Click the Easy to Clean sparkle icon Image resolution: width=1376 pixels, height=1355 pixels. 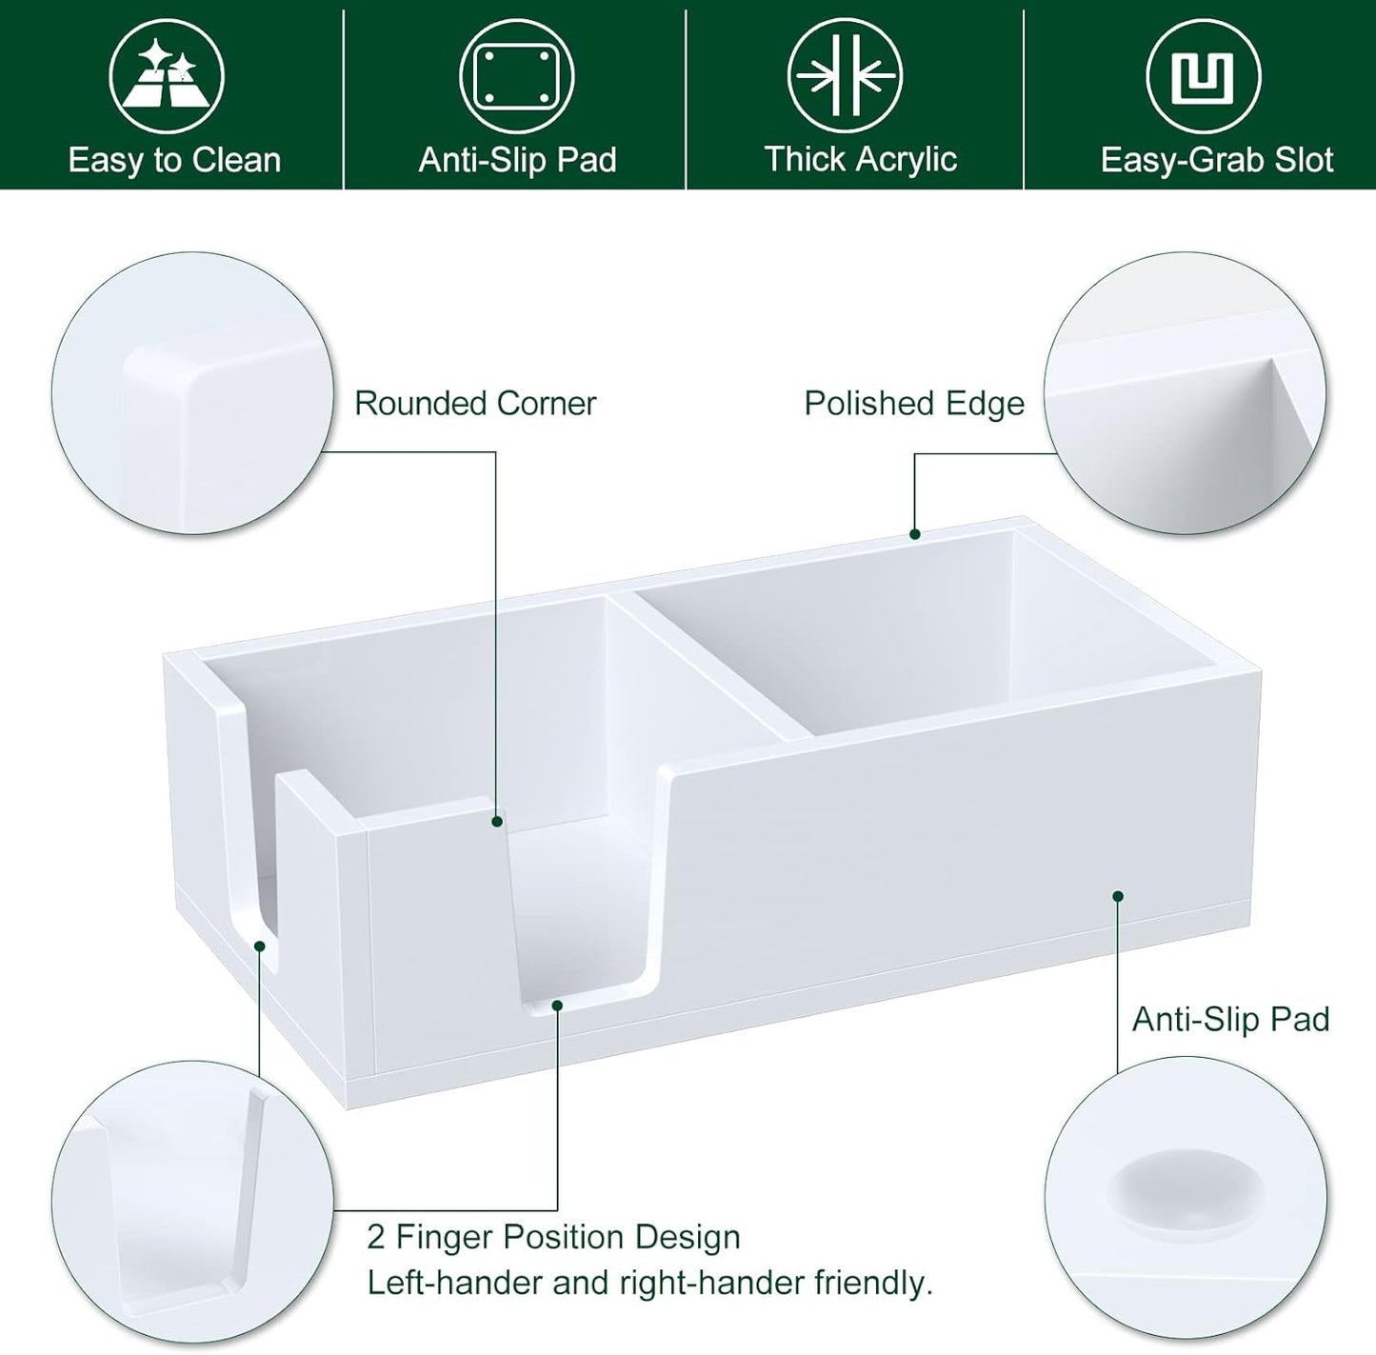coord(167,76)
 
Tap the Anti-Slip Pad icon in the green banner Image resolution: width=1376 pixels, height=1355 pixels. coord(517,76)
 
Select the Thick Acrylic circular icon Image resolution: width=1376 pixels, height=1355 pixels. coord(845,76)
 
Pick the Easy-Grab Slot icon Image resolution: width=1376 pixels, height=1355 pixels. coord(1203,76)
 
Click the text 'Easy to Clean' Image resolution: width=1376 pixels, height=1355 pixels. coord(174,160)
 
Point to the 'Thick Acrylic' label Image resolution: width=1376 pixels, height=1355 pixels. coord(860,159)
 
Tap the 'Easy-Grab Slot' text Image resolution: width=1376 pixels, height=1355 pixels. coord(1216,160)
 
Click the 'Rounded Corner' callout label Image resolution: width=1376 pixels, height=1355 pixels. coord(475,403)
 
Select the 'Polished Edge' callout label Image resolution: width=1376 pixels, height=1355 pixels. coord(914,403)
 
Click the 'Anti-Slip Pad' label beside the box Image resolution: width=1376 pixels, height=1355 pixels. coord(1230,1020)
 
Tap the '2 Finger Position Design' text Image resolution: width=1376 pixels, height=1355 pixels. coord(553,1237)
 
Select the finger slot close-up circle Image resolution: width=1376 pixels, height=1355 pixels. coord(192,1202)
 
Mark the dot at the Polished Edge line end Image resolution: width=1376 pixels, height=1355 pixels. coord(915,534)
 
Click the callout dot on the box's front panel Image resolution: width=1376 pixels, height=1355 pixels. coord(1118,896)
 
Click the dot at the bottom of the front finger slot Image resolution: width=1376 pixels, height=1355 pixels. coord(557,1004)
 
